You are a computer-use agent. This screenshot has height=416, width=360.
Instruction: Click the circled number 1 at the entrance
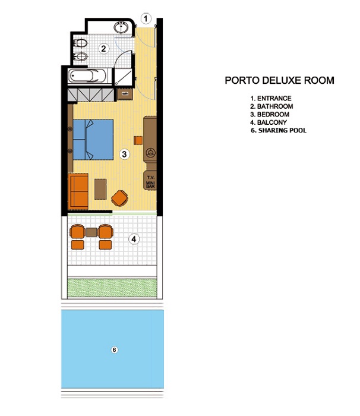(146, 18)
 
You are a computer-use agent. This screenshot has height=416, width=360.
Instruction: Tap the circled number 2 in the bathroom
(103, 49)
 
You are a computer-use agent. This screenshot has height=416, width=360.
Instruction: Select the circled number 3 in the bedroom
(124, 154)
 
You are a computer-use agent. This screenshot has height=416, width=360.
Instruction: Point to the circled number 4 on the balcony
(134, 239)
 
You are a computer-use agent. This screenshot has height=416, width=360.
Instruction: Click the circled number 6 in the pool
(114, 349)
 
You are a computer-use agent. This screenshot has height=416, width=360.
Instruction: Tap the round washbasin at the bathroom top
(121, 27)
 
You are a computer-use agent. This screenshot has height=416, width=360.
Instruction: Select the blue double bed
(93, 140)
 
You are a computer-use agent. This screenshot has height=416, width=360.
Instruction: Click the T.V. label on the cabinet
(151, 177)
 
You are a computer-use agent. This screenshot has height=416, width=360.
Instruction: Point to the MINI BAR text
(150, 185)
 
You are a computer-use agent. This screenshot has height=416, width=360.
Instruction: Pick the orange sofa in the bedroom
(78, 191)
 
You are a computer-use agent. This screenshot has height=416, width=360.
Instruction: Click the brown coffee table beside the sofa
(100, 189)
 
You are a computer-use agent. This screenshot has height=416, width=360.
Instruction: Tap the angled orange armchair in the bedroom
(119, 198)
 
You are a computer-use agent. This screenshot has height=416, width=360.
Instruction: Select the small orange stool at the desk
(138, 140)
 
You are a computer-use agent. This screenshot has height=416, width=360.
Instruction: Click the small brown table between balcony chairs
(91, 232)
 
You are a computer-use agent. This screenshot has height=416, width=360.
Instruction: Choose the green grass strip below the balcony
(112, 288)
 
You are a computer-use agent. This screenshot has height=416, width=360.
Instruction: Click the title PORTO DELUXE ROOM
(279, 80)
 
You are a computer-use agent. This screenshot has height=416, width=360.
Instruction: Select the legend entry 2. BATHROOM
(271, 106)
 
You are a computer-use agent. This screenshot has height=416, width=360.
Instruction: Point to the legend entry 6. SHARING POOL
(279, 130)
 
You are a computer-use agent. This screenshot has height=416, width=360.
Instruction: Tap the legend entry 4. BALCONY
(269, 122)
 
